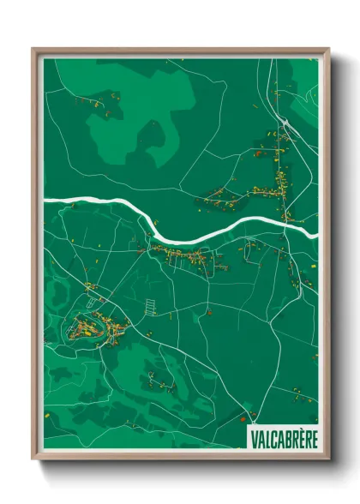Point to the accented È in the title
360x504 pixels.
point(300,438)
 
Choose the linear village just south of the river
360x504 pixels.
point(184,255)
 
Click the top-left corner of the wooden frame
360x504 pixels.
point(33,50)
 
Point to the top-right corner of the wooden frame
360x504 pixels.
point(328,50)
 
